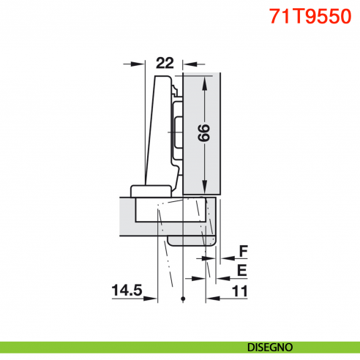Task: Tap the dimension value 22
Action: pos(165,64)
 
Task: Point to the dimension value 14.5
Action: pos(126,291)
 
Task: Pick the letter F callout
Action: pos(243,252)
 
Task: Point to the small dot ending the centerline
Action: pos(181,299)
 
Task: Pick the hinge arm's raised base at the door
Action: pos(150,191)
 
